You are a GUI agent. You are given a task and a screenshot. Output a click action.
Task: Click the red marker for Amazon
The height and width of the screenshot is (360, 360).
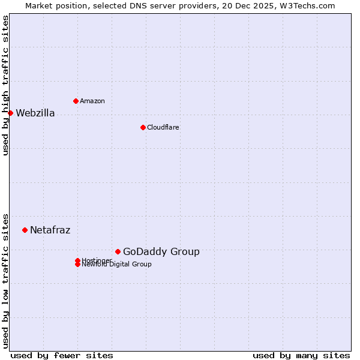click(x=76, y=101)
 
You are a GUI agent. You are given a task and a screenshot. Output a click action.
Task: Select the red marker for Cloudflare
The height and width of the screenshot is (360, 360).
click(x=143, y=127)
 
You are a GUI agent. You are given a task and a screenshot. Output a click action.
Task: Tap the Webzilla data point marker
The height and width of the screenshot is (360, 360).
click(x=10, y=113)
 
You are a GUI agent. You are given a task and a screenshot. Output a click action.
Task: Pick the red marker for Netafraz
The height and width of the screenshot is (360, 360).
click(x=25, y=230)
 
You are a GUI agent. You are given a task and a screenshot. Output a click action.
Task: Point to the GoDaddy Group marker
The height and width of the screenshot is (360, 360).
click(x=118, y=251)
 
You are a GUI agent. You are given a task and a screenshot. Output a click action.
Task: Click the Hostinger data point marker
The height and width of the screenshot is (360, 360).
click(x=77, y=260)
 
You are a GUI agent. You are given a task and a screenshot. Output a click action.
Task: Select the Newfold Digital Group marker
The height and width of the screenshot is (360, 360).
click(x=77, y=265)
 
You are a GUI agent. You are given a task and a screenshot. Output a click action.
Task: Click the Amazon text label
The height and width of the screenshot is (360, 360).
click(x=92, y=101)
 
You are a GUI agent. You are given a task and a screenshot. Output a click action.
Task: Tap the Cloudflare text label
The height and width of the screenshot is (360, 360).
click(x=163, y=127)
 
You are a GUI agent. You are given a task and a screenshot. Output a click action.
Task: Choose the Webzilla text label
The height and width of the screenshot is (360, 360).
click(x=35, y=113)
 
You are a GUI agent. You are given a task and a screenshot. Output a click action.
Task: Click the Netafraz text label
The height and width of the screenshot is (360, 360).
click(x=50, y=230)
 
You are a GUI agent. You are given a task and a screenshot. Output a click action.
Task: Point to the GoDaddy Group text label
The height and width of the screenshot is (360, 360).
click(x=161, y=252)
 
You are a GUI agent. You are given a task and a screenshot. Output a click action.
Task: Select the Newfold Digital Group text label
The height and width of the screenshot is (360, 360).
click(x=117, y=265)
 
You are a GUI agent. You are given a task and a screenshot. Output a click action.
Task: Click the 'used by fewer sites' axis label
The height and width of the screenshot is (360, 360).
click(x=62, y=355)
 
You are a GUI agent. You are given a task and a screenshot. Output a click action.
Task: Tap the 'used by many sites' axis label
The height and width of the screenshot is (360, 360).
click(x=301, y=355)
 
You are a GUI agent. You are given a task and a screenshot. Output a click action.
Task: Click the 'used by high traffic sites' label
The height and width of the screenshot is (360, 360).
click(x=5, y=85)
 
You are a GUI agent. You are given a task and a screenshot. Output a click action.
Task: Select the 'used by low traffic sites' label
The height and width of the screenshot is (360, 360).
click(x=5, y=281)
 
